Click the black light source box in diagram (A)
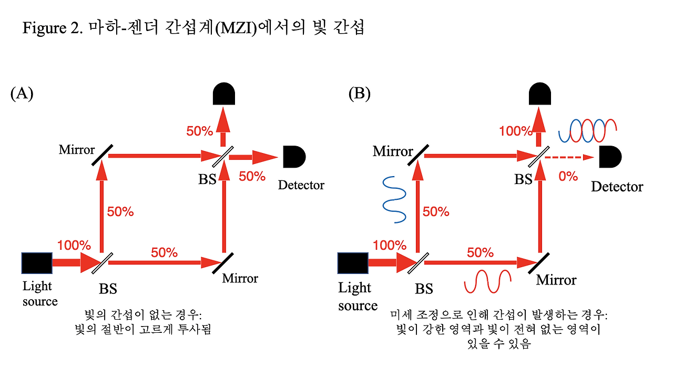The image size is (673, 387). coord(37,263)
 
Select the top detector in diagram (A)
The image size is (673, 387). coord(223,95)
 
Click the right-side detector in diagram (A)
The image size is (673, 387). coord(294,156)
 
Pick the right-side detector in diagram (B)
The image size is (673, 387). coord(610,157)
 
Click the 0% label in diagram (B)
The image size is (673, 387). coord(568,176)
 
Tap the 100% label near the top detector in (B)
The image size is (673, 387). coord(516,131)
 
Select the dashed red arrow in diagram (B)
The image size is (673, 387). coord(571,157)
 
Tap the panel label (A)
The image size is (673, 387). coord(22,94)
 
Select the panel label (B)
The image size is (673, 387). coord(360,94)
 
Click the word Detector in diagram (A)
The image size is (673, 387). coord(301,185)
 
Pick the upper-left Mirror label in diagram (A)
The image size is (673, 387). coord(77,149)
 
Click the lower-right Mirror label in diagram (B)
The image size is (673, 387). coord(556,280)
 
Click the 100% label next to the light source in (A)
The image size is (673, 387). coord(74,245)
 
